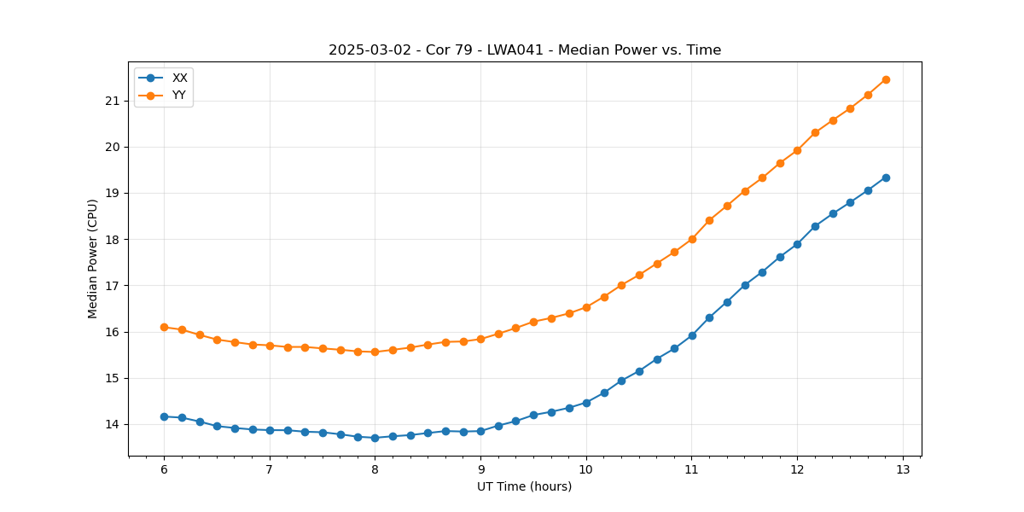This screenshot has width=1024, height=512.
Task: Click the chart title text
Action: (x=525, y=50)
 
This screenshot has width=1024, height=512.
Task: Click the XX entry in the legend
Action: (x=179, y=78)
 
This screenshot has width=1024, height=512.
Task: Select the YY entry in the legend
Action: (x=179, y=95)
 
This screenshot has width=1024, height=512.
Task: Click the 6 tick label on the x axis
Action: (x=164, y=470)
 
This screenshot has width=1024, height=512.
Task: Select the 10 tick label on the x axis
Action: (x=586, y=470)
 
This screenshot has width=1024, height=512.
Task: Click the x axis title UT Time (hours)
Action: (x=525, y=486)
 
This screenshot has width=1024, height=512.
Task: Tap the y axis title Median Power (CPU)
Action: (x=93, y=259)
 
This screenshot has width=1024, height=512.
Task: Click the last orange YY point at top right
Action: (x=886, y=79)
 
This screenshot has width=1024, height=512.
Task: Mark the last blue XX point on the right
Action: (x=886, y=177)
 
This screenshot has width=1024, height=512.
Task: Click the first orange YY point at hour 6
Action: (x=164, y=327)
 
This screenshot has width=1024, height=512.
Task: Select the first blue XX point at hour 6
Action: (x=164, y=416)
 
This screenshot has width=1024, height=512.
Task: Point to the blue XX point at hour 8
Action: (x=375, y=438)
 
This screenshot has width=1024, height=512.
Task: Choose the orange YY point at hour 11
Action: (x=692, y=239)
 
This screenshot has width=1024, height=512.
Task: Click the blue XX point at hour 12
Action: (x=797, y=244)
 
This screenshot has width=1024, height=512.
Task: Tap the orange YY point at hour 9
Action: (x=480, y=339)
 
